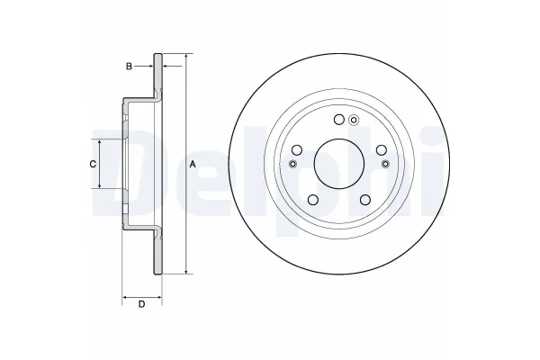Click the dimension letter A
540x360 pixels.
193,163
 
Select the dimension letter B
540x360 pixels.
129,66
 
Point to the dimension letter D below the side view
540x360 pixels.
141,304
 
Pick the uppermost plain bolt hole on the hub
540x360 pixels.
338,121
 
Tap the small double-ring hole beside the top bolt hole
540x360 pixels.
354,121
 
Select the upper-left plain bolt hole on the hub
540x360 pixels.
298,150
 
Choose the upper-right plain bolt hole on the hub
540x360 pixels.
379,150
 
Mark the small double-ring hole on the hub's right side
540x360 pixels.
385,164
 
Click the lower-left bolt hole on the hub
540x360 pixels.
313,199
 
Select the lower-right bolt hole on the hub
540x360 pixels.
364,199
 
